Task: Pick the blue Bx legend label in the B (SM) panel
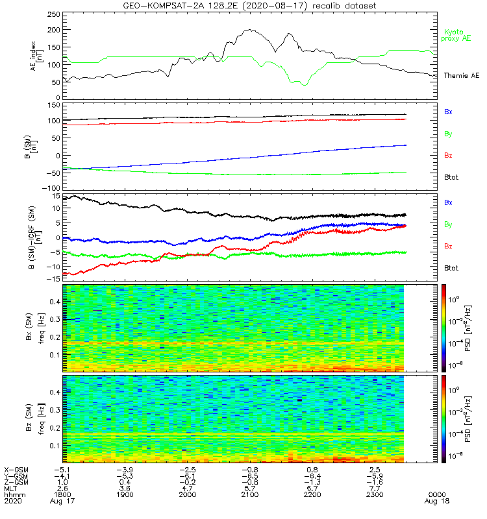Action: (x=448, y=112)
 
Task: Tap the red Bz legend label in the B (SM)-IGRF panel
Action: (x=448, y=246)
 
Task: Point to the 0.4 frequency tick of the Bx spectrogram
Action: (x=55, y=302)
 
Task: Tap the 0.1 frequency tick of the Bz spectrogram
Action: (x=55, y=446)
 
